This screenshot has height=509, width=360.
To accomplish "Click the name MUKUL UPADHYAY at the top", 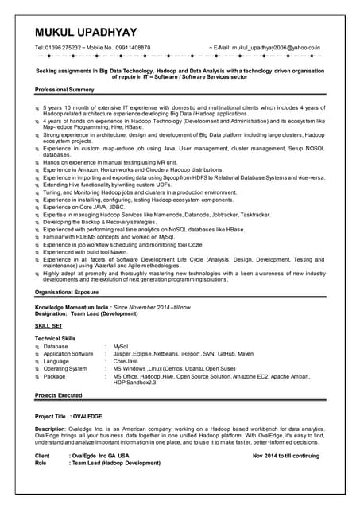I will coord(95,31).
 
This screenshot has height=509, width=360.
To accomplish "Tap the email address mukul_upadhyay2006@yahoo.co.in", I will coord(275,48).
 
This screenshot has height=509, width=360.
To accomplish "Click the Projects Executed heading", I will coord(59,395).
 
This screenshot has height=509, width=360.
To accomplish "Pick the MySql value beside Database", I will coord(121,347).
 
